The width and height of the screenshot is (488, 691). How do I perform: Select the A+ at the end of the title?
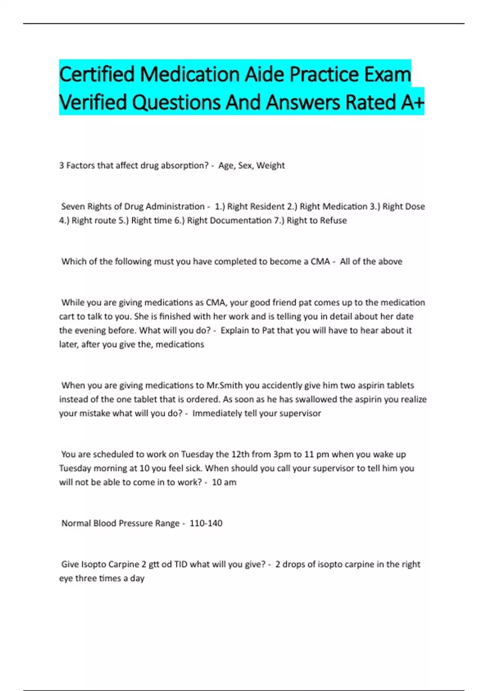click(412, 102)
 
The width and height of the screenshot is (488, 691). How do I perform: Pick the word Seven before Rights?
click(73, 206)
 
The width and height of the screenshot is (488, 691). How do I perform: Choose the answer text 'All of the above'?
click(371, 261)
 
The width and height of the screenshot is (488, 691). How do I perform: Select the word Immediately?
click(217, 413)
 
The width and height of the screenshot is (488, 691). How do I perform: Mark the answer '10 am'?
click(224, 482)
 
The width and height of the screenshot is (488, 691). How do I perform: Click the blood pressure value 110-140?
click(206, 523)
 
